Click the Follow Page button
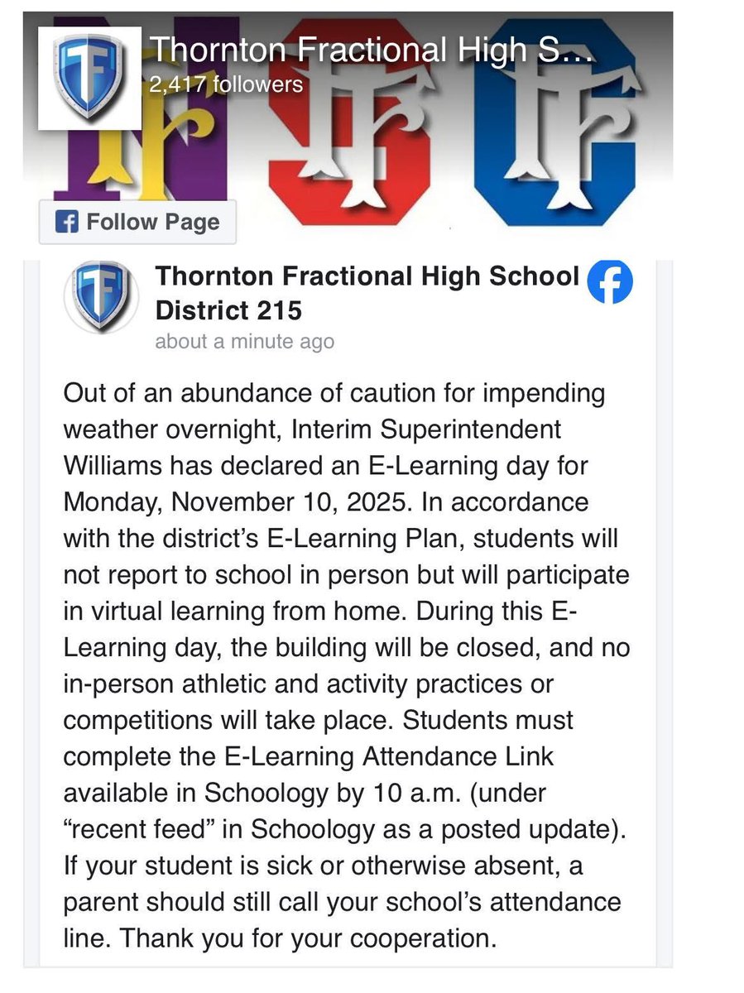(137, 222)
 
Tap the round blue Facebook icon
(610, 283)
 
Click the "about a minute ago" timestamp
(245, 341)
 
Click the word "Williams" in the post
(113, 465)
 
